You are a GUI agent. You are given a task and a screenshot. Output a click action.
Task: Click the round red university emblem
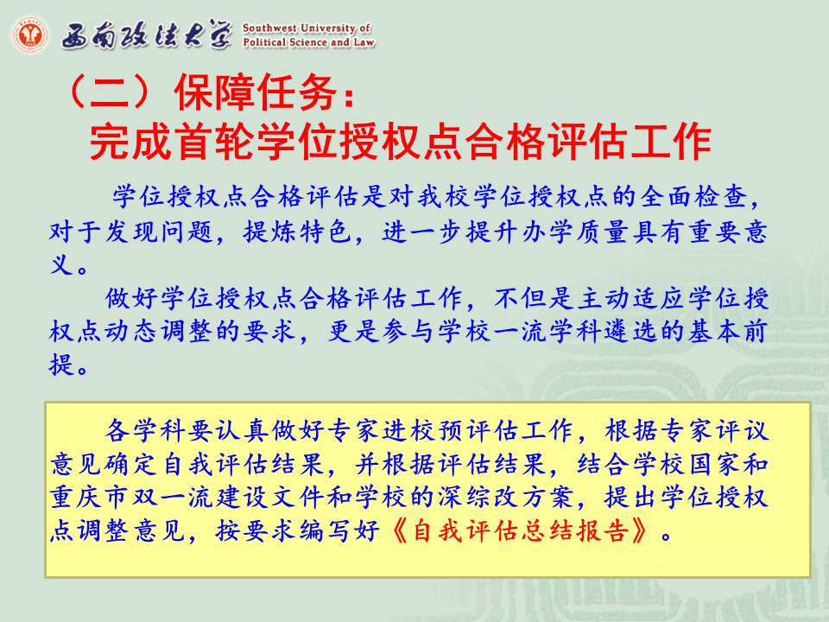(31, 35)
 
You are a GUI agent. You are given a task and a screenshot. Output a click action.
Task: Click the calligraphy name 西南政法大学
(147, 36)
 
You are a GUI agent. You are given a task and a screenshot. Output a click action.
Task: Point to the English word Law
(364, 41)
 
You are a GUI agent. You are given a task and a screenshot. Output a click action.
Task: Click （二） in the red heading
(109, 92)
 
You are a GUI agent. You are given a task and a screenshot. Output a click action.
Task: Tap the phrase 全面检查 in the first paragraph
(693, 197)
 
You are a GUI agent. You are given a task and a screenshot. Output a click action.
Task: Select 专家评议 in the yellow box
(713, 430)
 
